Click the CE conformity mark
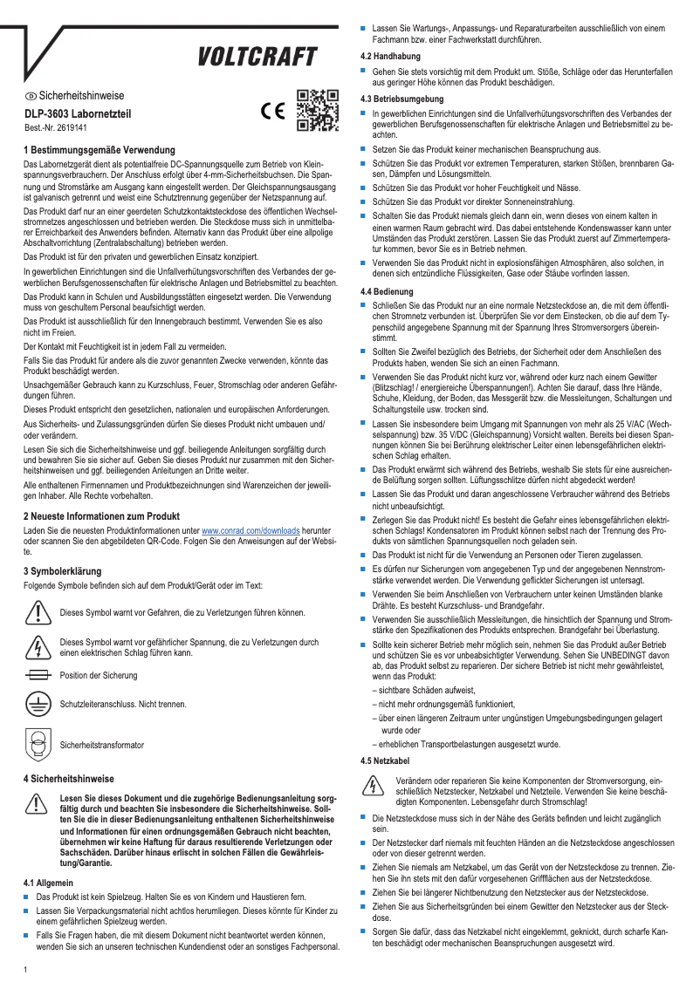pos(273,113)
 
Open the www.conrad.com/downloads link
pos(250,529)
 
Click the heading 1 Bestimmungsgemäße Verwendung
pos(99,150)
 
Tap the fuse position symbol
pos(38,675)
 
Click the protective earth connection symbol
pos(38,705)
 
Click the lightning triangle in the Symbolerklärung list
pos(38,645)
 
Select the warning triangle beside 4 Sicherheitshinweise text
pos(38,804)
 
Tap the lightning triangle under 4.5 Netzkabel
pos(374,788)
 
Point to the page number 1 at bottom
pos(26,969)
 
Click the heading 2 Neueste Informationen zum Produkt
pos(101,515)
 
